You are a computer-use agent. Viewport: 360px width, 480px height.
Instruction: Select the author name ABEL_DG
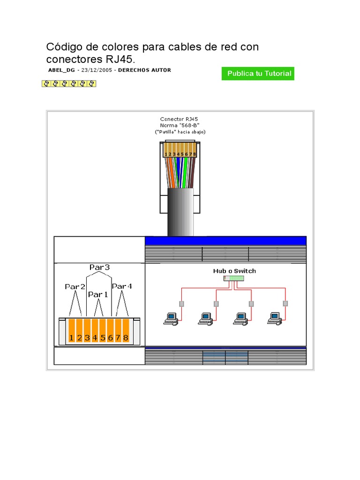click(61, 70)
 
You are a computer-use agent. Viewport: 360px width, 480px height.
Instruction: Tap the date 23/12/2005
click(97, 70)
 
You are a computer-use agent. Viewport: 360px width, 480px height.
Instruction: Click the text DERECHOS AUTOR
click(144, 70)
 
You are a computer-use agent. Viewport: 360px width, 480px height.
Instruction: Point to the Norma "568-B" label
click(180, 126)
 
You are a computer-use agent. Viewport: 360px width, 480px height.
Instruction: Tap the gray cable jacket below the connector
click(180, 211)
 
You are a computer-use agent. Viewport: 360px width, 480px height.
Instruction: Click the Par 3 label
click(99, 267)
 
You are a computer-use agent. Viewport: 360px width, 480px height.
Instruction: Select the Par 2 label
click(75, 286)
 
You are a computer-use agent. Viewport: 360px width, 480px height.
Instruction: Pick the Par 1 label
click(98, 294)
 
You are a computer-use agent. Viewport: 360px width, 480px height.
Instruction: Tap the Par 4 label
click(122, 286)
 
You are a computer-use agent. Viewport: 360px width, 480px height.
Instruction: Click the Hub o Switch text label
click(234, 271)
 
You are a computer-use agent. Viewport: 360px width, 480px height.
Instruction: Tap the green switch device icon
click(234, 278)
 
